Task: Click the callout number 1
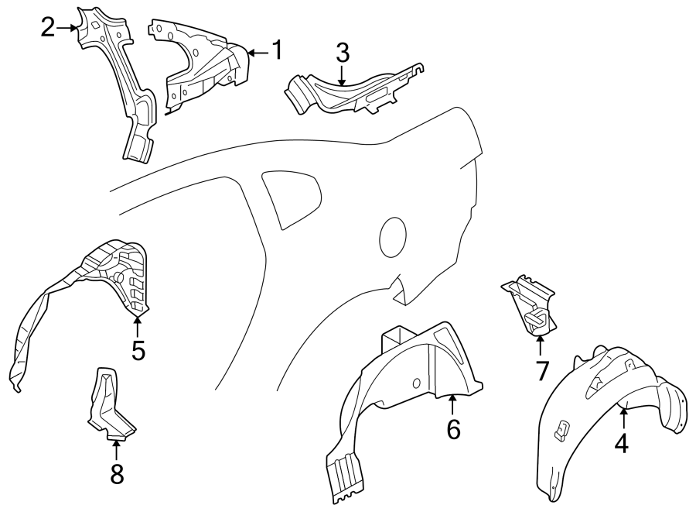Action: [x=276, y=51]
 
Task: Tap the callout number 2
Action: [x=48, y=28]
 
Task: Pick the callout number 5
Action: [x=138, y=350]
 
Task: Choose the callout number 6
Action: [x=452, y=428]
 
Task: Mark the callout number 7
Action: [x=541, y=370]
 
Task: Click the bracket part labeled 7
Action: [x=530, y=304]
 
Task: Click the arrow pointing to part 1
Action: [x=257, y=52]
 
